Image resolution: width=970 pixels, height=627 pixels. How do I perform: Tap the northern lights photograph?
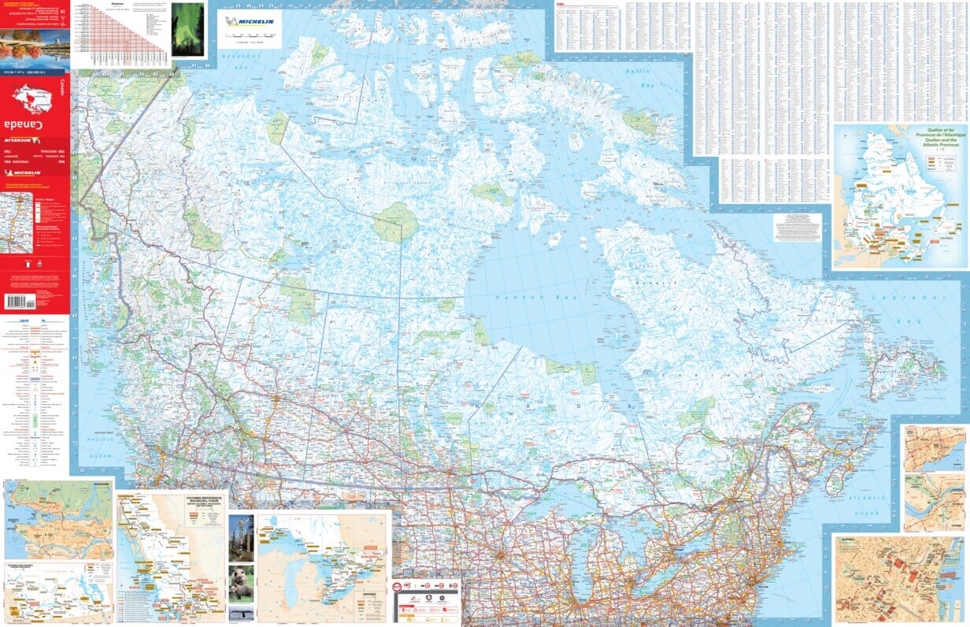[188, 29]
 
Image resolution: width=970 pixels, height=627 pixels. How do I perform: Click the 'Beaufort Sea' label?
[240, 61]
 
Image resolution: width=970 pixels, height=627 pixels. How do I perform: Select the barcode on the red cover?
[26, 302]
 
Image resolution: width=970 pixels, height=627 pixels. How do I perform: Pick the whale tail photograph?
[241, 613]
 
